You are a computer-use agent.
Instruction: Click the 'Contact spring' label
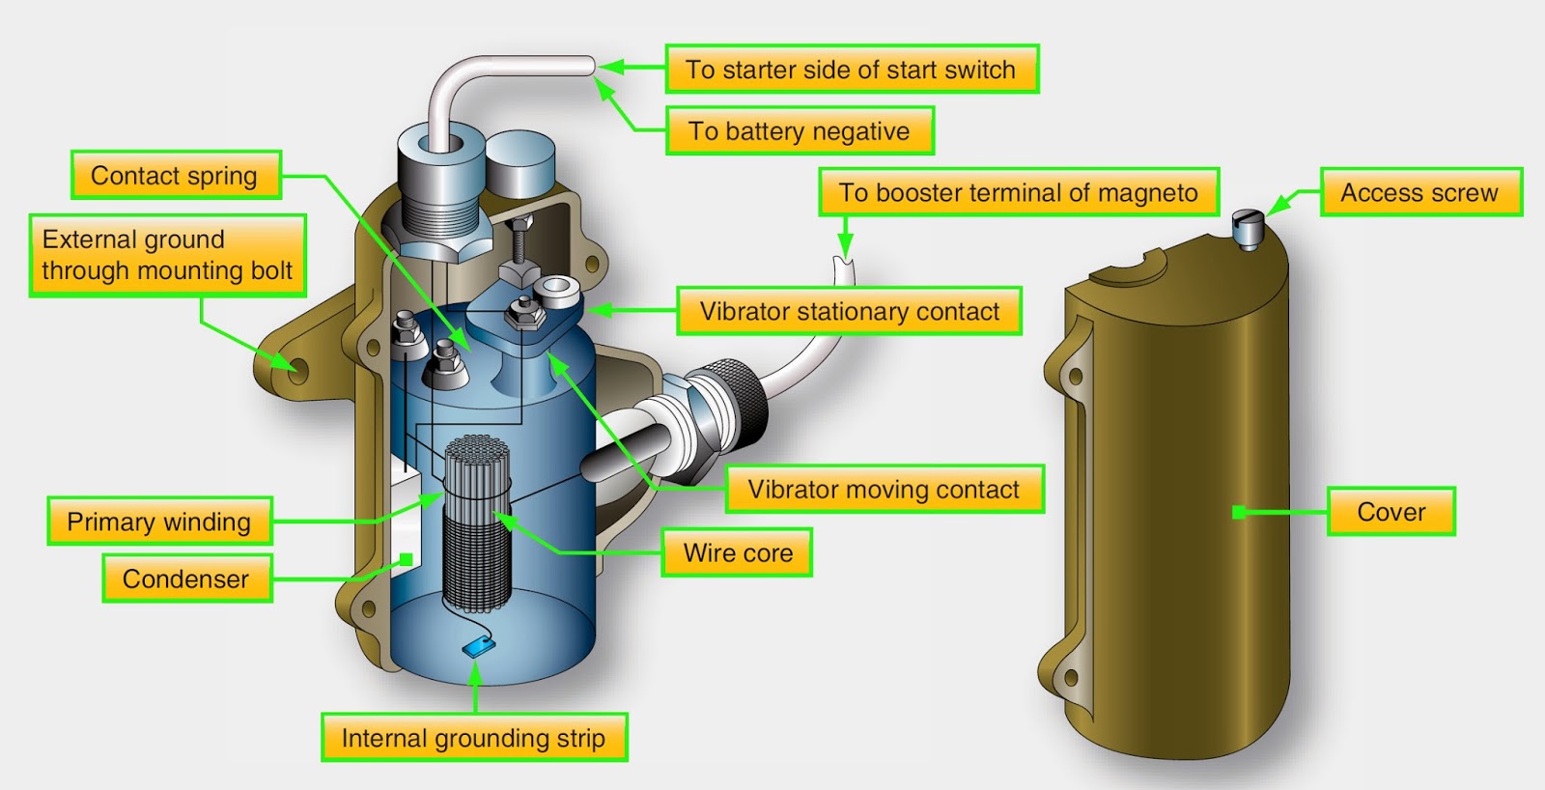176,176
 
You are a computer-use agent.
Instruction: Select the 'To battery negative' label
800,131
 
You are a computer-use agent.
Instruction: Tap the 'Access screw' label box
1419,192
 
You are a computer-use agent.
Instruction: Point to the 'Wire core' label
737,553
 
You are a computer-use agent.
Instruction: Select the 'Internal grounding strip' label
473,738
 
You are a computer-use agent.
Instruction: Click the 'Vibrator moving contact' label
883,490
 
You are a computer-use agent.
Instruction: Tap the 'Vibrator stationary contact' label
849,311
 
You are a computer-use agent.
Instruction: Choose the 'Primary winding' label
159,522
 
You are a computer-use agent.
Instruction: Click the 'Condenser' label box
186,578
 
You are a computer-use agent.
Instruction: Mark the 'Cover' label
1390,512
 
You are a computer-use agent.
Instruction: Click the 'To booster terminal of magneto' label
1018,192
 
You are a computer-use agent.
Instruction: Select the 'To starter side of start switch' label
851,70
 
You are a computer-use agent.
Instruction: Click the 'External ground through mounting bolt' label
167,255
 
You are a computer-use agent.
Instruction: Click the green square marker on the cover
1239,512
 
